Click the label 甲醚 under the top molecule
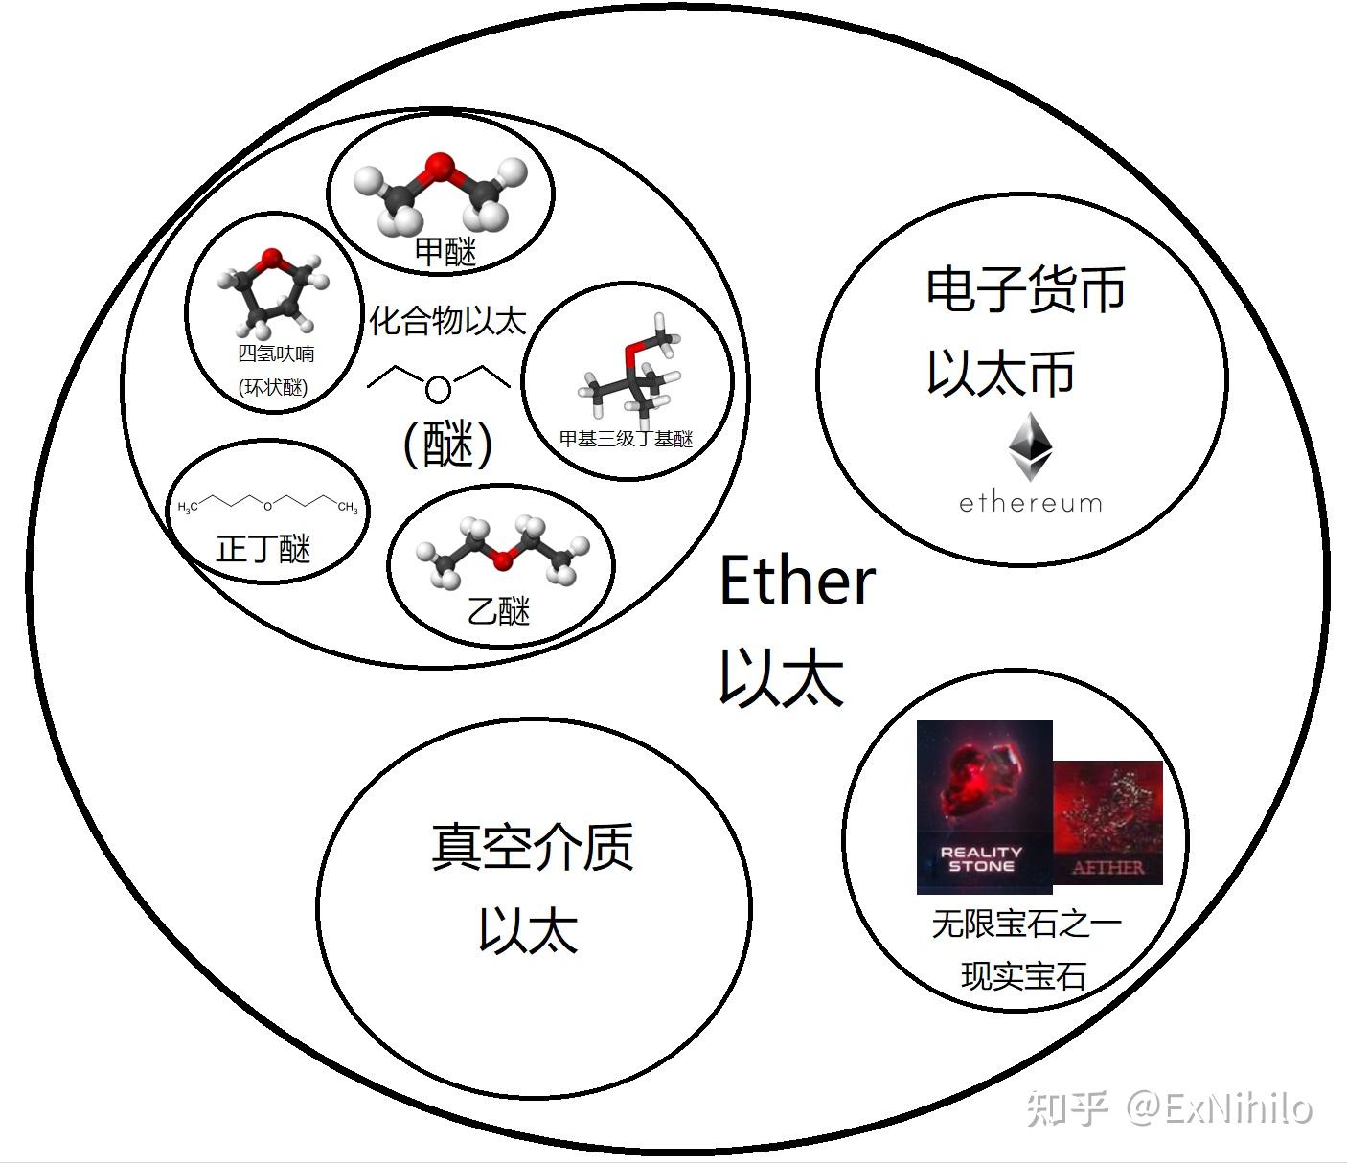(x=445, y=252)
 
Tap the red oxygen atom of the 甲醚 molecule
(x=440, y=167)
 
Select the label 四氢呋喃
(x=276, y=353)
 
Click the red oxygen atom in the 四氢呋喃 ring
(x=272, y=258)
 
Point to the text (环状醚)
(x=274, y=387)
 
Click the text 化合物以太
(x=448, y=320)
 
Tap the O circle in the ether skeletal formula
(x=438, y=389)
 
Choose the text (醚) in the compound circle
(x=447, y=445)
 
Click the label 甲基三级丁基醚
(x=626, y=439)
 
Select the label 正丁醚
(x=263, y=550)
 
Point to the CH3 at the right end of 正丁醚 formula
(x=347, y=508)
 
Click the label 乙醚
(x=498, y=610)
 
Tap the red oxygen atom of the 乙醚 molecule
(x=503, y=559)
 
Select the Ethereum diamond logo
(x=1031, y=446)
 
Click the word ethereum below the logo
(x=1031, y=503)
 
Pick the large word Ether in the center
(x=797, y=581)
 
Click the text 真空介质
(x=532, y=847)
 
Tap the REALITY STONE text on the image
(x=981, y=858)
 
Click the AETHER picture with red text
(x=1108, y=822)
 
